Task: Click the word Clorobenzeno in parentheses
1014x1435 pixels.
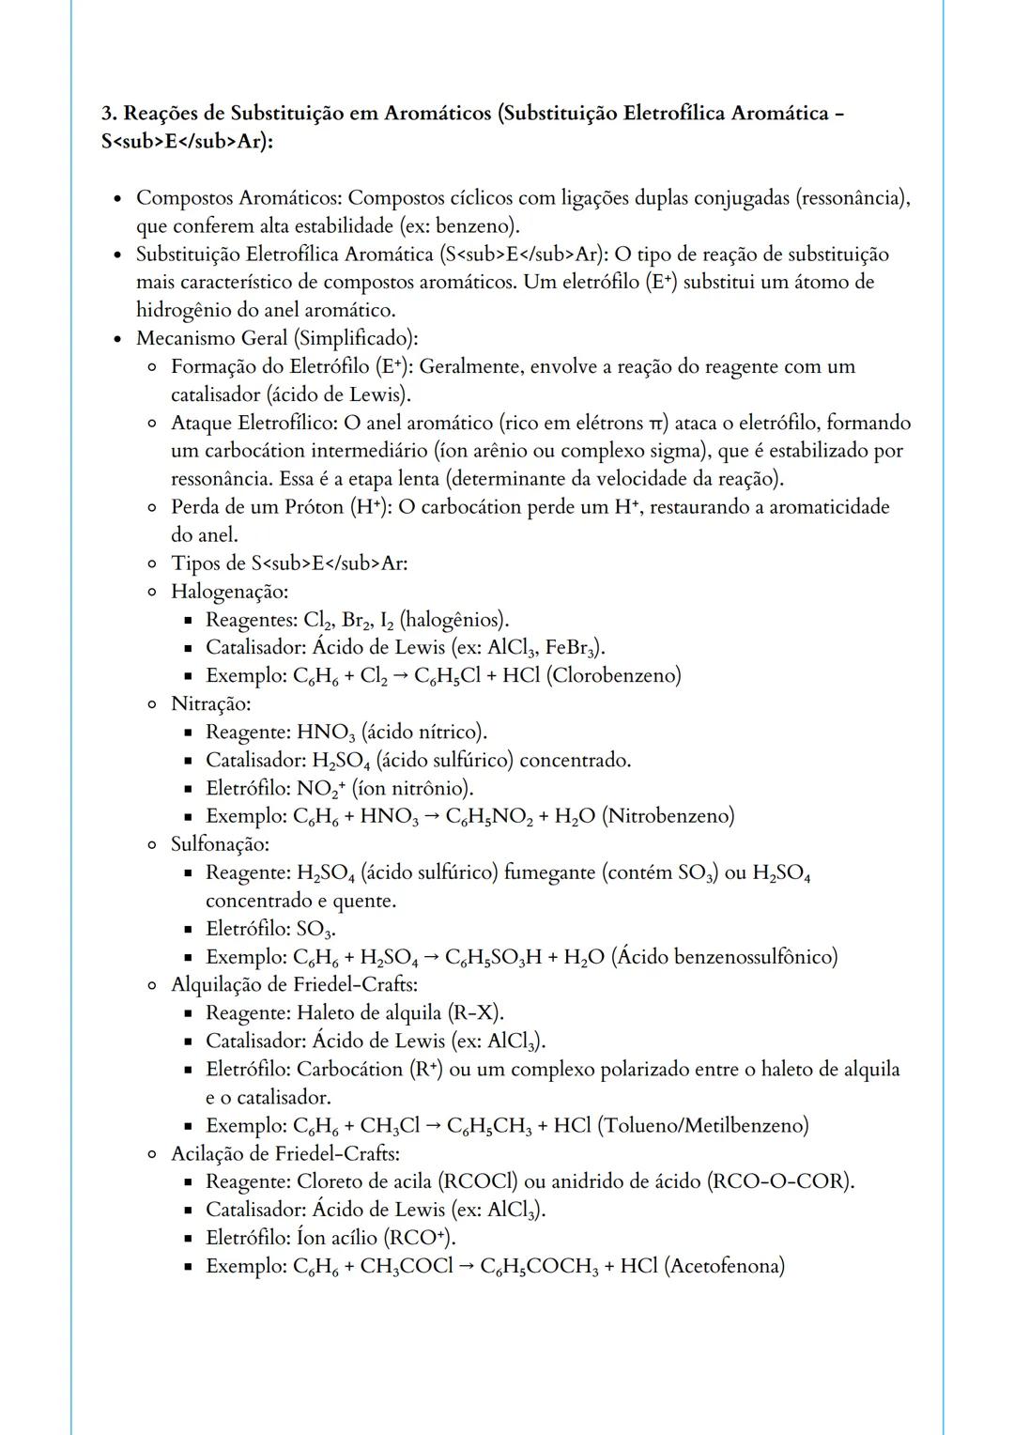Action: click(619, 675)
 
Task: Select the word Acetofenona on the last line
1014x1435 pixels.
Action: click(724, 1266)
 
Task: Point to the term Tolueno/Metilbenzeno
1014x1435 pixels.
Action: click(702, 1125)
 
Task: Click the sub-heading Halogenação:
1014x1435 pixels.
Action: click(229, 592)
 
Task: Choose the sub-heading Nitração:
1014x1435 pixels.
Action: click(210, 703)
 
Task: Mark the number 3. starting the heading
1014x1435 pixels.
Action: click(109, 114)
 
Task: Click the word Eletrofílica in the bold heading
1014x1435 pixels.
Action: click(673, 114)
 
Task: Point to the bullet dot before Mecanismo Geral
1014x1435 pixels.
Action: click(116, 339)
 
